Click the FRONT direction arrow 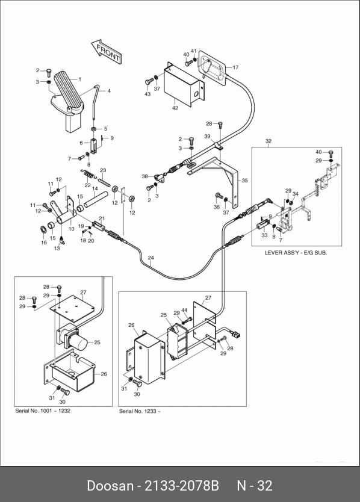click(x=106, y=52)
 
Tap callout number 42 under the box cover click(x=175, y=108)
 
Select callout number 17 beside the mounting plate click(x=235, y=67)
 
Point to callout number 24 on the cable click(x=151, y=258)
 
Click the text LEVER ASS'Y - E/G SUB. click(x=296, y=253)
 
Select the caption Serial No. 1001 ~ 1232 click(x=43, y=411)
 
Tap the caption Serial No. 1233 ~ click(x=140, y=411)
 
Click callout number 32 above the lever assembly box click(x=268, y=141)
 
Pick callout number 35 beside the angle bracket click(x=244, y=181)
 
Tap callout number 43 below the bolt click(x=147, y=94)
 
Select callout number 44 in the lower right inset click(x=184, y=310)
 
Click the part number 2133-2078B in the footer click(x=182, y=486)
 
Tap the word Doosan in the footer click(x=110, y=486)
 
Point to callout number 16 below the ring click(x=44, y=243)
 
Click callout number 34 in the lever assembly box click(x=296, y=194)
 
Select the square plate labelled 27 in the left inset click(x=72, y=308)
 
